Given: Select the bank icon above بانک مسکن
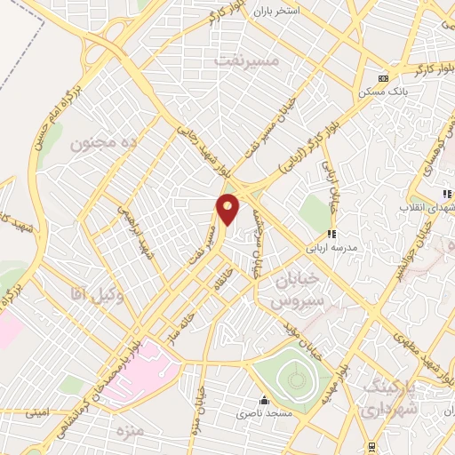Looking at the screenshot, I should click(x=383, y=78).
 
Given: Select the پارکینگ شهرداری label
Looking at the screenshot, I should click(x=392, y=394).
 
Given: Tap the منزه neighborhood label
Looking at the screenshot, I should click(x=129, y=430).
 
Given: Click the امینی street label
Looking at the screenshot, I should click(x=37, y=412).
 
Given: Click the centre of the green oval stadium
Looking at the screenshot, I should click(x=296, y=379).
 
